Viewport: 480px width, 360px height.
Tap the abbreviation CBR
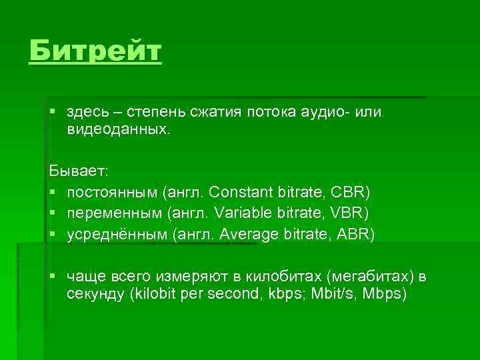point(351,193)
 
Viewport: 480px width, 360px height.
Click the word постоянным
point(112,193)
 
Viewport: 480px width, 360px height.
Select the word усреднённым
point(117,234)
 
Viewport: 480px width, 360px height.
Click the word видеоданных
point(117,130)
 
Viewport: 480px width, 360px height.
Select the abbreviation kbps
point(283,295)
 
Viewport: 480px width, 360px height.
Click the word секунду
point(97,295)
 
